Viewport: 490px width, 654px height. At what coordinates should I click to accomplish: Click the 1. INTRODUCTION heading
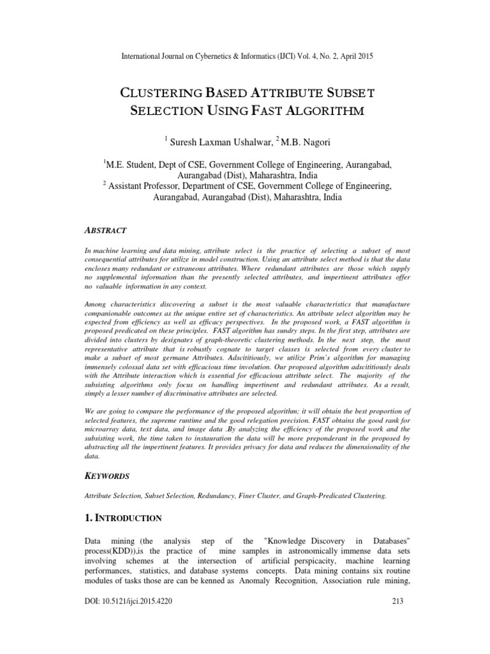pos(123,518)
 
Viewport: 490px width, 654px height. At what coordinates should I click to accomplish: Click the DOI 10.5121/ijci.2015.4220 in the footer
pos(128,637)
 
